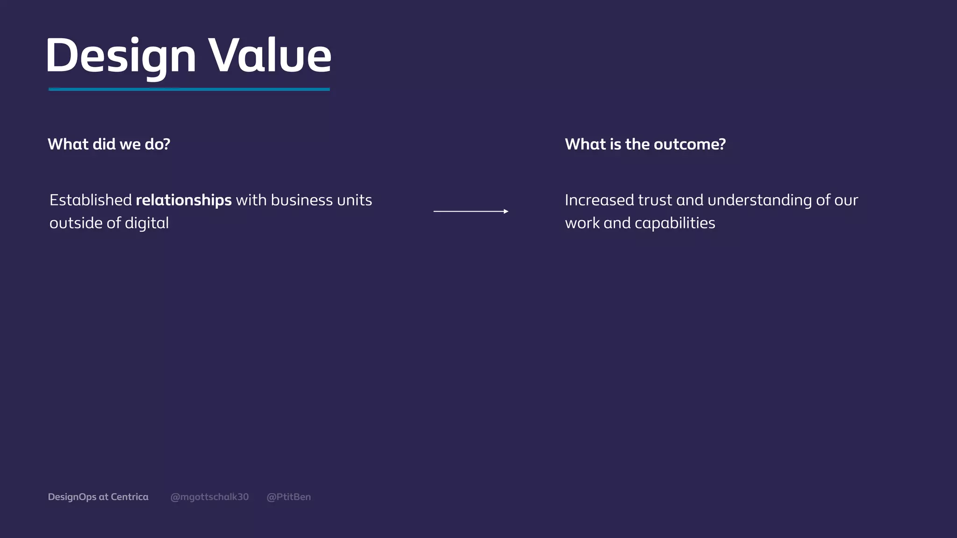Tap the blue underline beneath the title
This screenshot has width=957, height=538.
[189, 89]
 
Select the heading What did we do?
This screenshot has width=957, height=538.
[109, 144]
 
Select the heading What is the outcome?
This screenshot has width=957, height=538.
[645, 144]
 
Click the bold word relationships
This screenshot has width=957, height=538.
[184, 200]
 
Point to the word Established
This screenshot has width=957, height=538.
[91, 200]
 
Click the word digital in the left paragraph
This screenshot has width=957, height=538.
[147, 223]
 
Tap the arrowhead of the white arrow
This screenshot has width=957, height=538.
[506, 212]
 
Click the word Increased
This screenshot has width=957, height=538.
[599, 200]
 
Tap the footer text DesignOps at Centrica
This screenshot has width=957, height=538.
[98, 497]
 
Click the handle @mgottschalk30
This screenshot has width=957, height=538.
[209, 497]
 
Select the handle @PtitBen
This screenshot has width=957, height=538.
[288, 497]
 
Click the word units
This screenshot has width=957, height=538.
[355, 200]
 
